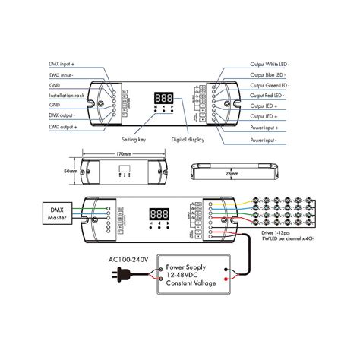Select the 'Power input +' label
pyautogui.click(x=266, y=128)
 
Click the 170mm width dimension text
pyautogui.click(x=125, y=156)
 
